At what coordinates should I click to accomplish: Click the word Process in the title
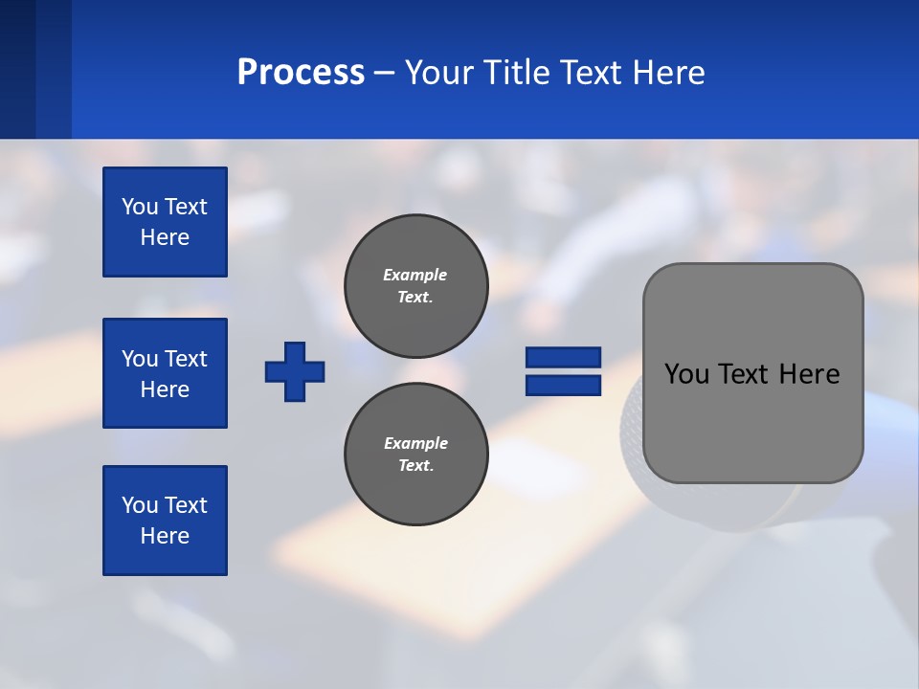click(301, 73)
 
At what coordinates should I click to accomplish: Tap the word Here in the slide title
click(667, 73)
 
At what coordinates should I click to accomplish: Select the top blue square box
click(165, 222)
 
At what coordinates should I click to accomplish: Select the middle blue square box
click(165, 373)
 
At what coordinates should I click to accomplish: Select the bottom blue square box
click(165, 521)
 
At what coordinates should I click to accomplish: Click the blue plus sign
click(295, 371)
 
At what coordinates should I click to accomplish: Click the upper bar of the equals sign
click(563, 357)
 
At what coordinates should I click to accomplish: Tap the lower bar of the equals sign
click(563, 385)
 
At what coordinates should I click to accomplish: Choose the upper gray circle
click(415, 285)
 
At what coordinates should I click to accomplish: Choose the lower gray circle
click(415, 454)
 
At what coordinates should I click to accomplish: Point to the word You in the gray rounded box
click(686, 374)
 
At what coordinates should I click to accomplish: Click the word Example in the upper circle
click(415, 275)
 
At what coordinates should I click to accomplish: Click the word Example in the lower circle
click(415, 443)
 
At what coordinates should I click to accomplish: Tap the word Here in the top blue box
click(165, 237)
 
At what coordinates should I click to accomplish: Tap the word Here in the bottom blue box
click(165, 536)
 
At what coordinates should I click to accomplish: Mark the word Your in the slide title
click(437, 73)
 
